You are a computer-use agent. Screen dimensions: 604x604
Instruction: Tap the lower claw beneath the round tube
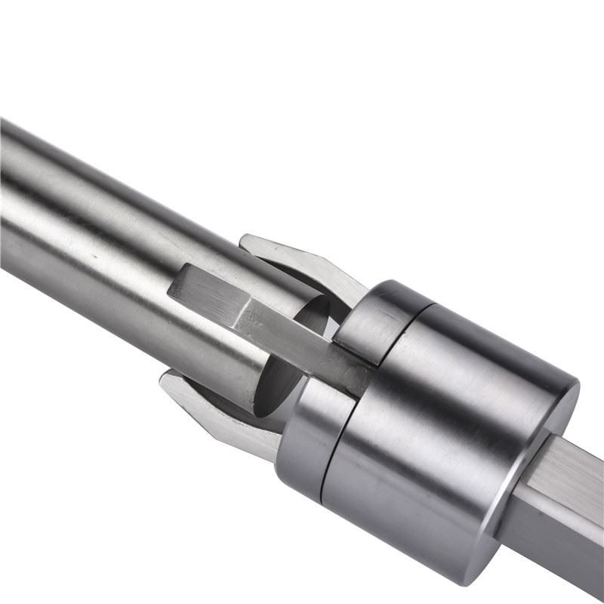pos(219,408)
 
